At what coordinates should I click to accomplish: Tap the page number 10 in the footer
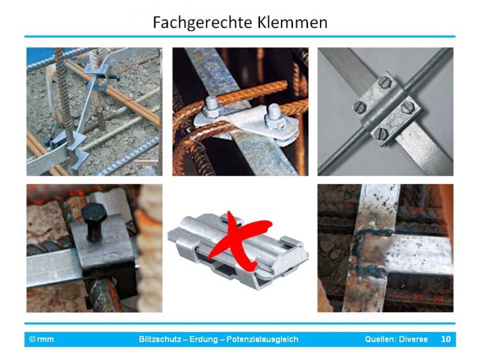coord(445,339)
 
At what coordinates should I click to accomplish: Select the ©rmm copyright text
coord(42,339)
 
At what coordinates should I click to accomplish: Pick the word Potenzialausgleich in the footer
coord(262,339)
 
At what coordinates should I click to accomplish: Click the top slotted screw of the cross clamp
coord(383,82)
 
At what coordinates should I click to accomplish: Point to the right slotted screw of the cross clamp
coord(408,107)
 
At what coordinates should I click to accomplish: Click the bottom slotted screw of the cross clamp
coord(381,133)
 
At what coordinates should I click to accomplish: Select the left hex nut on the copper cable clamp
coord(211,106)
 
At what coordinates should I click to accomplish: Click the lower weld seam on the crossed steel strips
coord(372,270)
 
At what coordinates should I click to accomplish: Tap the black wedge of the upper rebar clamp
coord(113,77)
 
